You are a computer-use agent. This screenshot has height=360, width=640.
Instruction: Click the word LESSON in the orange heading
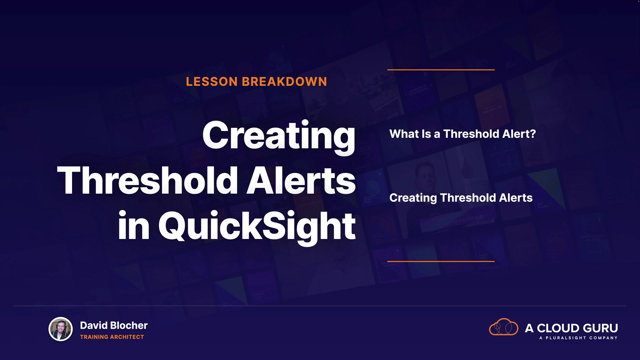(x=212, y=82)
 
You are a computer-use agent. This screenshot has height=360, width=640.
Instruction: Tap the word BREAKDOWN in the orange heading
(x=284, y=82)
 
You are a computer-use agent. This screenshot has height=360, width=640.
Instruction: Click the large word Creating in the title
(x=279, y=137)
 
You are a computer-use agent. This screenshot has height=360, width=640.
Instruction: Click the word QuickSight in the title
(x=257, y=227)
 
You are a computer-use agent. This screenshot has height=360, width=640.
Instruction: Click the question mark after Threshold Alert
(x=533, y=134)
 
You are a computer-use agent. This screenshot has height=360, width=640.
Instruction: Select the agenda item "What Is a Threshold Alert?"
(x=463, y=134)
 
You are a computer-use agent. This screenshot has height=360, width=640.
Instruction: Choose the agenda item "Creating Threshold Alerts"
(x=461, y=198)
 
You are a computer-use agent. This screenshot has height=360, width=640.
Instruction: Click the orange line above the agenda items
(x=441, y=70)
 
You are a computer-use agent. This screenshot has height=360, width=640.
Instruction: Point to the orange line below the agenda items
(x=441, y=261)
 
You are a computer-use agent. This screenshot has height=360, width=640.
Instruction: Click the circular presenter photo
(x=61, y=329)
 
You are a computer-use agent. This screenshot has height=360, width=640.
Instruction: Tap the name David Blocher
(x=114, y=325)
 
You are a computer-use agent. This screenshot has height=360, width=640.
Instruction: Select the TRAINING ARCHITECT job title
(x=112, y=337)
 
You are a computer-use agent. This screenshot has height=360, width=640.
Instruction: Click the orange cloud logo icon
(x=503, y=327)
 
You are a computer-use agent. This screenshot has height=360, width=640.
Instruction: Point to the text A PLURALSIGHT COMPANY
(x=578, y=338)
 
